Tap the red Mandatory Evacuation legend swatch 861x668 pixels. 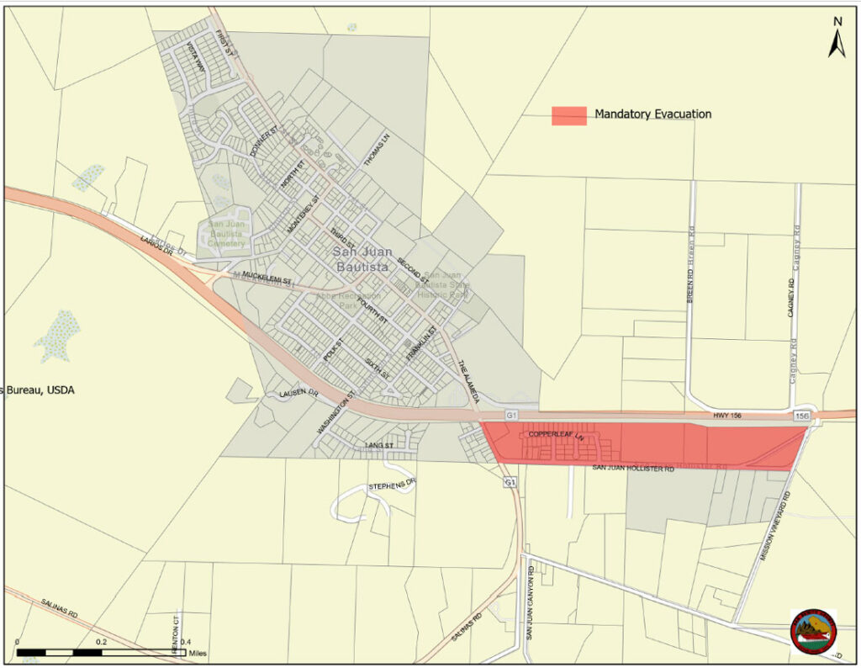pos(568,115)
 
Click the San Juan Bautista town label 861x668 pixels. pos(361,259)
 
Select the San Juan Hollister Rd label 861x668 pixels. pos(633,468)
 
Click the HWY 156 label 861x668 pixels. pos(728,415)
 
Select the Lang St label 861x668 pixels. pos(379,444)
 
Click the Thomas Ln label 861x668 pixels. pos(376,147)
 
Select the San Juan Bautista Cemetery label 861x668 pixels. pos(226,234)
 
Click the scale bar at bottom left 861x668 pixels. pos(101,652)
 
